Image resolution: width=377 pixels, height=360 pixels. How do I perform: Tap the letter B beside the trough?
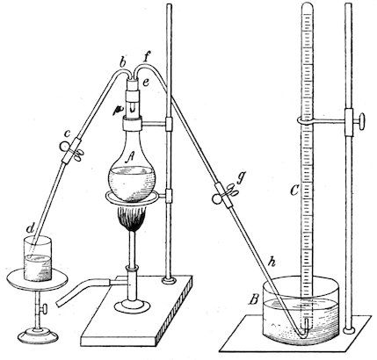pos(254,300)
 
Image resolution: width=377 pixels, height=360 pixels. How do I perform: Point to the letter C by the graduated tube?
pos(294,191)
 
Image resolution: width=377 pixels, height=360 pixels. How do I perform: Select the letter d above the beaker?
pos(31,228)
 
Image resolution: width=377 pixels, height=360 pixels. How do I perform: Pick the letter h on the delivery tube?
pos(272,262)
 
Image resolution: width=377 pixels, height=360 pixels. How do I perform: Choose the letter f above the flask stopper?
pos(147,58)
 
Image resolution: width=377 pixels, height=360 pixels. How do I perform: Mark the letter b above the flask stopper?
pos(123,62)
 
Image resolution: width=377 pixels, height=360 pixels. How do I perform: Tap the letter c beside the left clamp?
pos(68,133)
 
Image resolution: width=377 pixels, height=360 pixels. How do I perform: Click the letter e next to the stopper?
pos(146,83)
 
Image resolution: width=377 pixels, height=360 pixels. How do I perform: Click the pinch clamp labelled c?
pos(71,149)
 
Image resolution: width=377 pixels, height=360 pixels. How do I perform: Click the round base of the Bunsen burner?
pos(130,306)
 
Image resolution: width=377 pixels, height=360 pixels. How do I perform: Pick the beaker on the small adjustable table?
pos(38,259)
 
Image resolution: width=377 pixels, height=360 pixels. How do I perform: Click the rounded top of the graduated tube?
pos(308,6)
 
